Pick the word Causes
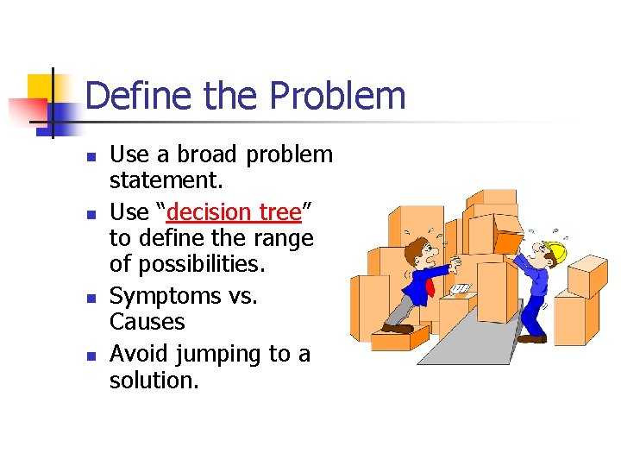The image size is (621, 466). point(147,323)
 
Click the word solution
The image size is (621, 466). point(154,381)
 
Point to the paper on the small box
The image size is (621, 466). point(461,288)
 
